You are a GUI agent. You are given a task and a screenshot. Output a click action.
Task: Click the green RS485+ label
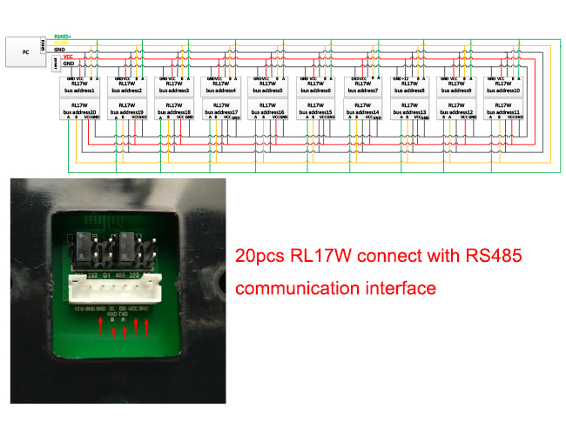pos(63,37)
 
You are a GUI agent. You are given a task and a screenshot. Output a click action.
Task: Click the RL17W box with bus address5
pos(268,86)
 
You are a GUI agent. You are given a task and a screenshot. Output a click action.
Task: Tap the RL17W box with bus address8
pos(409,86)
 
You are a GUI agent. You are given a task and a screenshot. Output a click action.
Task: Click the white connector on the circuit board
pos(118,286)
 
